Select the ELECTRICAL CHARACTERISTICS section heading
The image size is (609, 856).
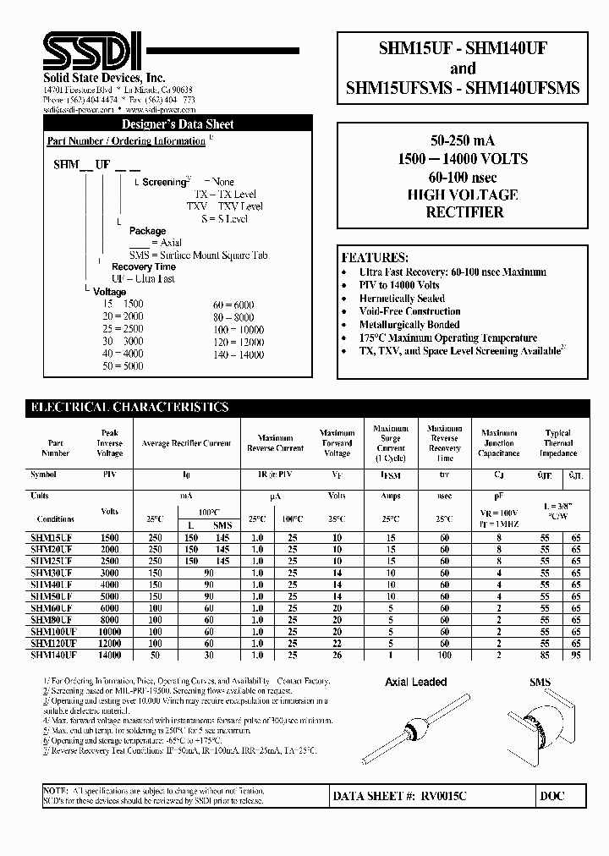click(x=129, y=408)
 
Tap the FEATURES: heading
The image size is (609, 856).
click(x=375, y=257)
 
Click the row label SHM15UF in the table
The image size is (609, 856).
click(x=52, y=538)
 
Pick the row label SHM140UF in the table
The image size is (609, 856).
click(x=53, y=655)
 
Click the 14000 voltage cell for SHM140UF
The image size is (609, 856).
click(x=109, y=655)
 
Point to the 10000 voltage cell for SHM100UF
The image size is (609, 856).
click(x=109, y=631)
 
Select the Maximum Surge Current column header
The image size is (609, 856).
click(x=390, y=442)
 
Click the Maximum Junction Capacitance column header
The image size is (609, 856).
click(x=498, y=442)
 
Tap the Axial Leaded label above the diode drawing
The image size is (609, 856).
click(x=416, y=682)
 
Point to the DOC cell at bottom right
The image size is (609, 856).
click(x=551, y=796)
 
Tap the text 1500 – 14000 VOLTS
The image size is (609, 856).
click(x=466, y=160)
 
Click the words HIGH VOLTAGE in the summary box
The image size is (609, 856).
click(x=466, y=195)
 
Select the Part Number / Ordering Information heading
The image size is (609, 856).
click(x=126, y=141)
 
